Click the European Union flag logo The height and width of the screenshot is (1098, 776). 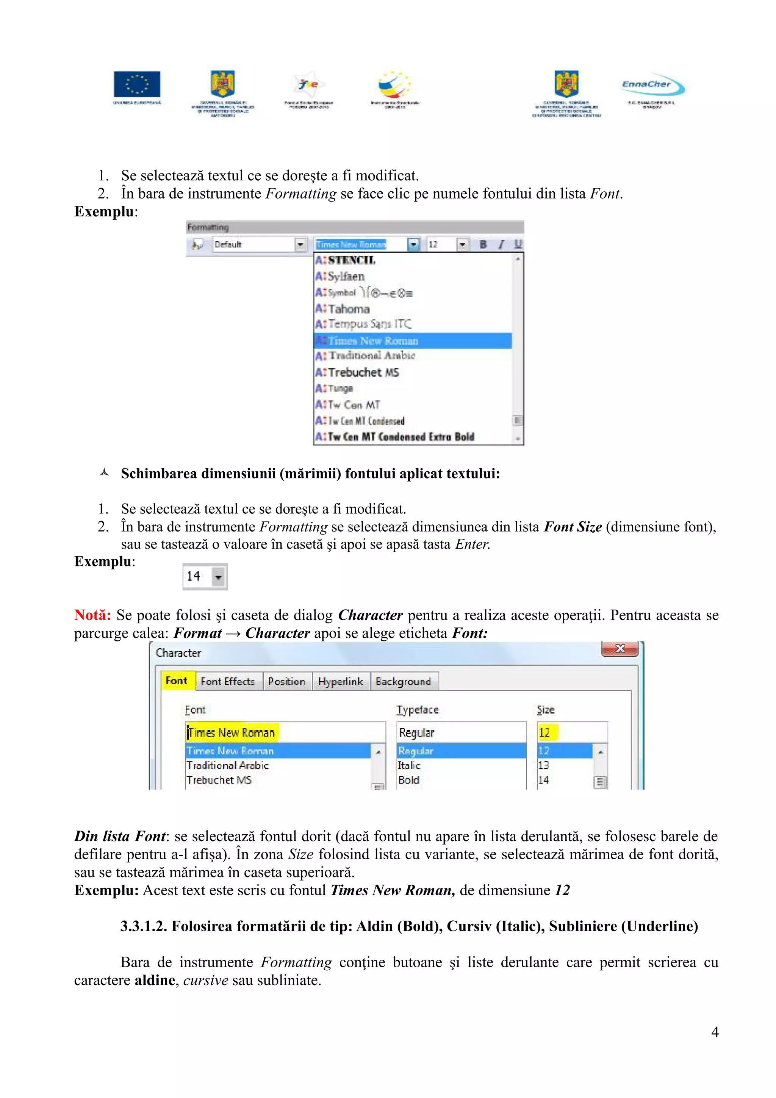point(137,84)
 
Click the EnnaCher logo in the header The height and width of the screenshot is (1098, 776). point(652,84)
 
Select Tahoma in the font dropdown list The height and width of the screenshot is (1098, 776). point(349,309)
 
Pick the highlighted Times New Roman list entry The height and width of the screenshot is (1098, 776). point(373,341)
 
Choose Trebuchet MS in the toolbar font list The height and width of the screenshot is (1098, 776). point(363,372)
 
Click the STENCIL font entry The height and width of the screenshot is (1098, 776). point(351,260)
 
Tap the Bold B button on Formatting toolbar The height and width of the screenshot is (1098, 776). point(483,244)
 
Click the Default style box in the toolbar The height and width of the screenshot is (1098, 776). point(253,244)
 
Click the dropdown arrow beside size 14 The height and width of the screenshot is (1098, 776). point(218,577)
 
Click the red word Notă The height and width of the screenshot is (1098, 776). point(92,615)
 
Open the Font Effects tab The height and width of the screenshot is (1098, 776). point(228,682)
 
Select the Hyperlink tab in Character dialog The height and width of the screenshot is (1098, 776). point(340,682)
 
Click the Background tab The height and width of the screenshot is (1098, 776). point(403,682)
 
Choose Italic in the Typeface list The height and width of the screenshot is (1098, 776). point(409,765)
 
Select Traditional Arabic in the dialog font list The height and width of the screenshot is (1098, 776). point(228,765)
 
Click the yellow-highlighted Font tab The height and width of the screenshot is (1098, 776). point(177,680)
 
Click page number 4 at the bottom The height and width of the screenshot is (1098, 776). point(714,1032)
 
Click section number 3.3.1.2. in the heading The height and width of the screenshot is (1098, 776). point(144,926)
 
